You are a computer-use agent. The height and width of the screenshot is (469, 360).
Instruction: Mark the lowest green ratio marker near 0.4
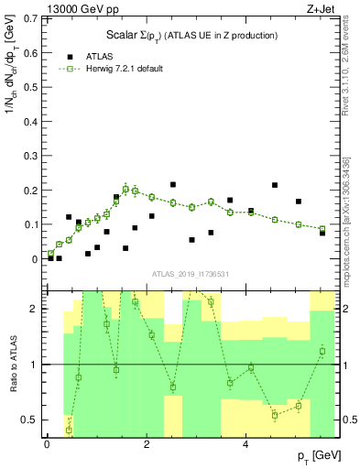69,430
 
